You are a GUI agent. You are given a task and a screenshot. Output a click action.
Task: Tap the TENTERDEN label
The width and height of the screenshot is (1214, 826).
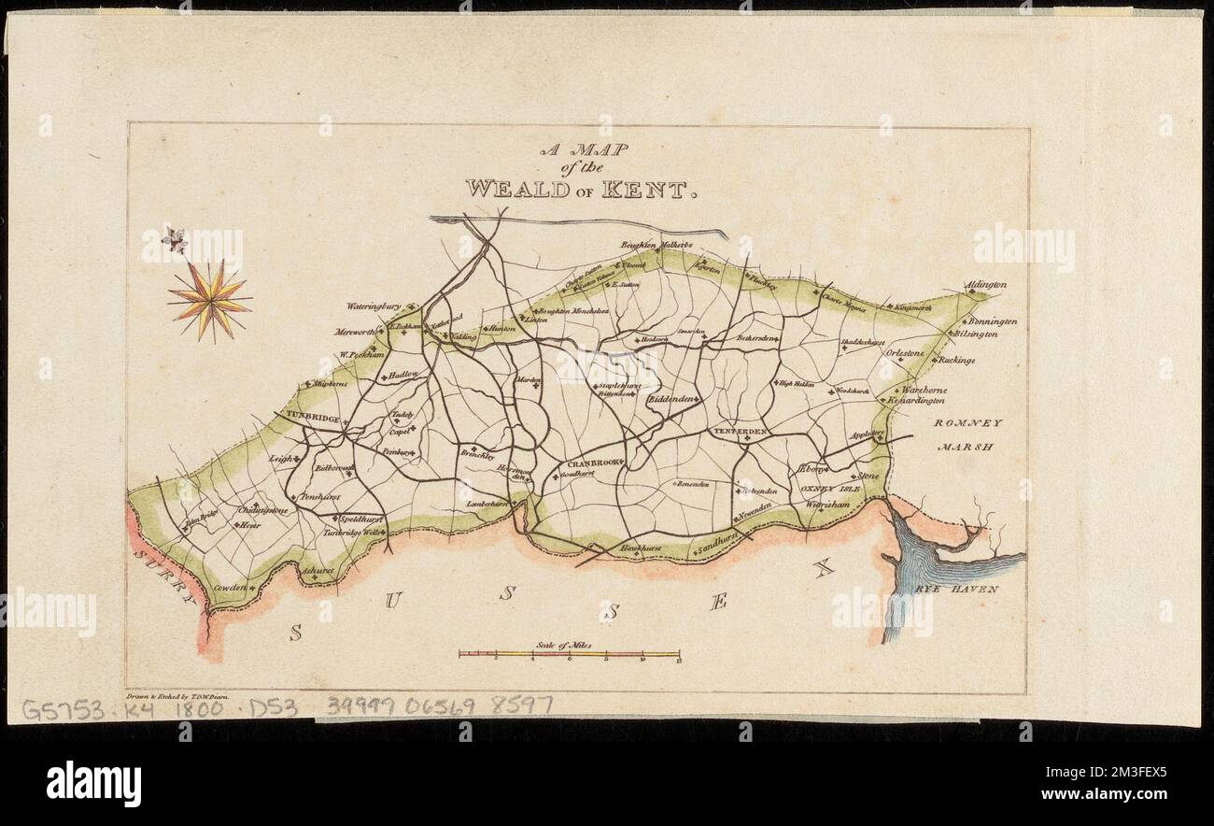pyautogui.click(x=741, y=431)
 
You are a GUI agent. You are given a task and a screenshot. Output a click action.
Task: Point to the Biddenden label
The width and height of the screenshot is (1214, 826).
pyautogui.click(x=672, y=399)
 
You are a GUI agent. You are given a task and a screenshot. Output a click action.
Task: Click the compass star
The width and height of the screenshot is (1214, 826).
pyautogui.click(x=209, y=301)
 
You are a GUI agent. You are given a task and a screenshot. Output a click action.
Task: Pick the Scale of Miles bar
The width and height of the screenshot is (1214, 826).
pyautogui.click(x=569, y=654)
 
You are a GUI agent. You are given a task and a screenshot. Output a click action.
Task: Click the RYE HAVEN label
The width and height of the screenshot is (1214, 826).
pyautogui.click(x=969, y=590)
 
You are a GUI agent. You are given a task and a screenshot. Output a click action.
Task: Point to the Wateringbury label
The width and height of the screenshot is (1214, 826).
pyautogui.click(x=374, y=306)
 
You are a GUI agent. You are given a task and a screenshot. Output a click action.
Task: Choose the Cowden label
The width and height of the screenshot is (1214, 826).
pyautogui.click(x=228, y=588)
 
